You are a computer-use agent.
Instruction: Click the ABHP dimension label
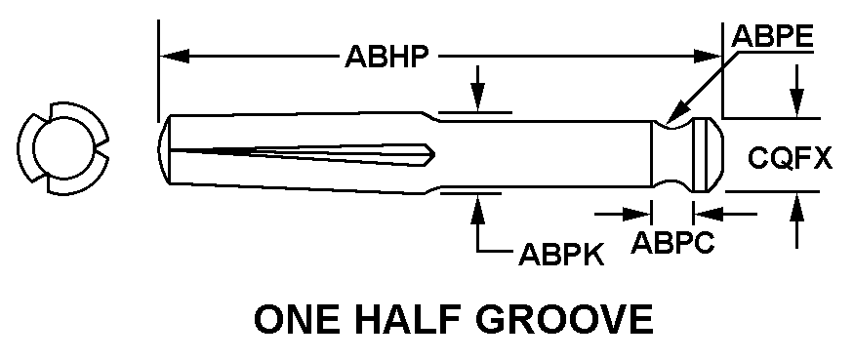386,56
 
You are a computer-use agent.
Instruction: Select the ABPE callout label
772,37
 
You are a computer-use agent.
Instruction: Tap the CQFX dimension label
790,158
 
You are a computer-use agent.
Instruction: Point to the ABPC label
672,242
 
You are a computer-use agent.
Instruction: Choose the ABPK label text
561,255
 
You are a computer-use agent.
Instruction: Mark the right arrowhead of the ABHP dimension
707,56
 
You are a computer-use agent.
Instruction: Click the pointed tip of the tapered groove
434,154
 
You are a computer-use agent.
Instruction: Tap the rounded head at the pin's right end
708,155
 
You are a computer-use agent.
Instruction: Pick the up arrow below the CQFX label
797,220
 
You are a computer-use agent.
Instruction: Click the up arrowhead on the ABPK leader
477,208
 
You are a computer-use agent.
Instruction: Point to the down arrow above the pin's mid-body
477,89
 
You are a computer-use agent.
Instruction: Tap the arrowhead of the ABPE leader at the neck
673,115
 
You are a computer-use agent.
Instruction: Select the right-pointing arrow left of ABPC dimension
623,215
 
